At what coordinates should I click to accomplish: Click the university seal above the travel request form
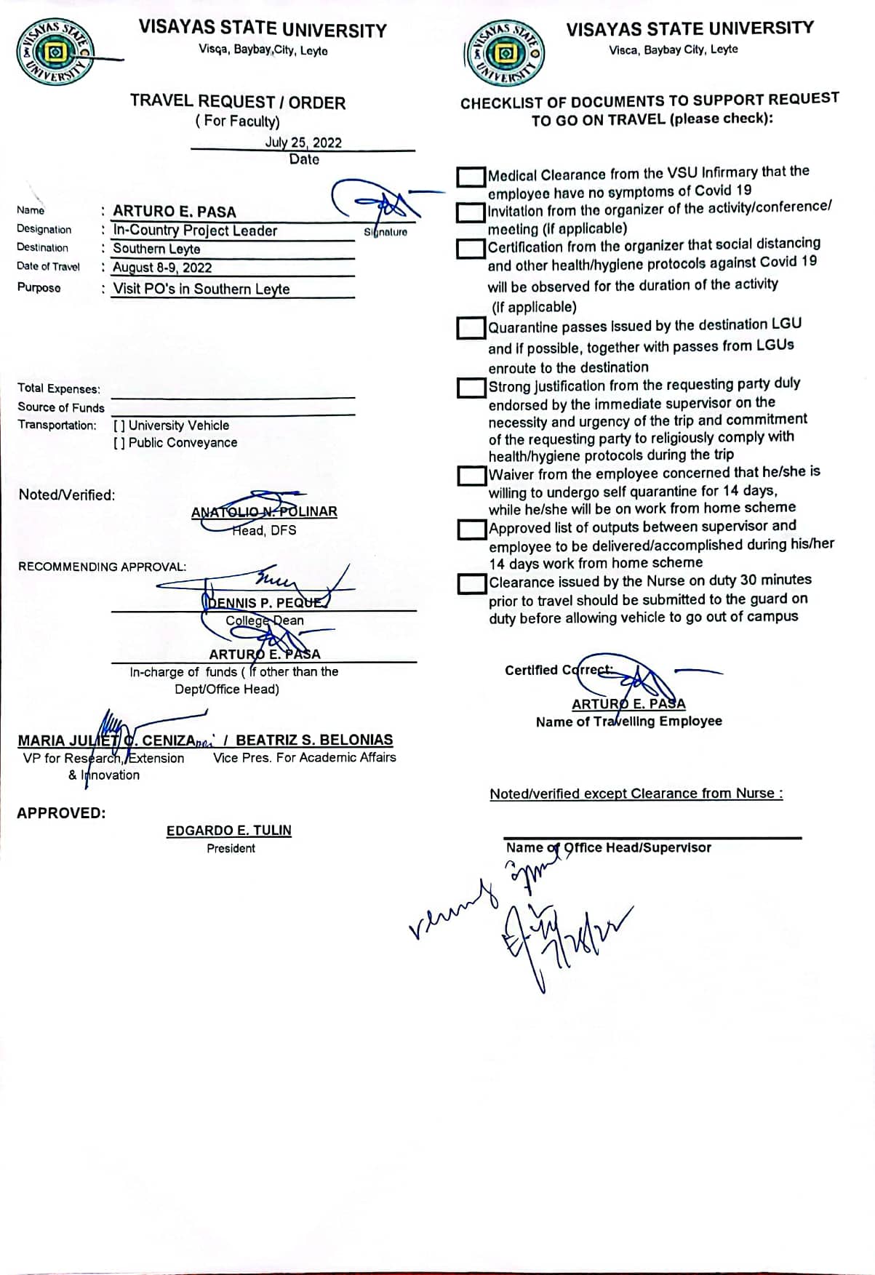tap(56, 52)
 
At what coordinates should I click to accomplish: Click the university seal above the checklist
tap(503, 53)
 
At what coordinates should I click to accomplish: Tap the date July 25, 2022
tap(303, 143)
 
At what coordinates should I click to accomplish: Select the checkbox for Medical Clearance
tap(471, 176)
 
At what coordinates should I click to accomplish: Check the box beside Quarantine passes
tap(471, 328)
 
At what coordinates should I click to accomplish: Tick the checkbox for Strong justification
tap(471, 387)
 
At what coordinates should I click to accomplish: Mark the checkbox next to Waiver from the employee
tap(471, 476)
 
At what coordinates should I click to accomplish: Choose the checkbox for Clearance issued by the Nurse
tap(471, 583)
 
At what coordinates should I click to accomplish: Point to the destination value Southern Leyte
tap(156, 249)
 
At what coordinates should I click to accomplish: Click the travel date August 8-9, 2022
tap(162, 268)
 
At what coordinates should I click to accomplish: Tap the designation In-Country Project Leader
tap(195, 231)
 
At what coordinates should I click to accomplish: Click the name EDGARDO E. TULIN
tap(228, 830)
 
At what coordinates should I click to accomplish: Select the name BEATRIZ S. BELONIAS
tap(314, 740)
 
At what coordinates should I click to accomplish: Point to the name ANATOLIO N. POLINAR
tap(264, 511)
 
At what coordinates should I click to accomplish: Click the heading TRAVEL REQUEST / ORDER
tap(238, 102)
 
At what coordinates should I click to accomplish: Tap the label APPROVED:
tap(61, 813)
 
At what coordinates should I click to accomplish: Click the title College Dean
tap(265, 620)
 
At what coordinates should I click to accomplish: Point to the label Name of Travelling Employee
tap(628, 722)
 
